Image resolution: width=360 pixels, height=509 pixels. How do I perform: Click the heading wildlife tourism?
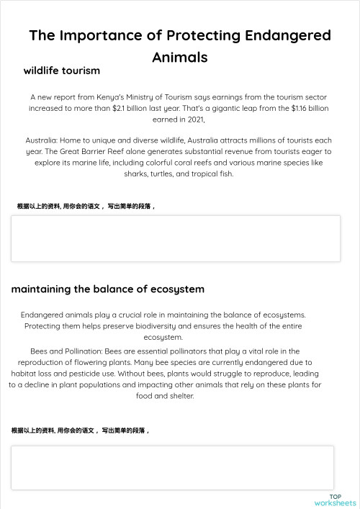click(61, 71)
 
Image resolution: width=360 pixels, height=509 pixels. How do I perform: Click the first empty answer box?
click(175, 238)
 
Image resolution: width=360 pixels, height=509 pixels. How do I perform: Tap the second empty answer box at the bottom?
click(172, 467)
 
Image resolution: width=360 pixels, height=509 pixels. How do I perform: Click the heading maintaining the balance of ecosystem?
click(107, 289)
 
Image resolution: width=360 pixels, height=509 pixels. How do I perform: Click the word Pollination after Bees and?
click(81, 351)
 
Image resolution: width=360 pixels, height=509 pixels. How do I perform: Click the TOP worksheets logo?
click(335, 500)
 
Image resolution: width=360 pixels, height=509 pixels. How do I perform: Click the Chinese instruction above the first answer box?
click(86, 206)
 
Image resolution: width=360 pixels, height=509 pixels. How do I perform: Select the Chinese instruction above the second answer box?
click(81, 431)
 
